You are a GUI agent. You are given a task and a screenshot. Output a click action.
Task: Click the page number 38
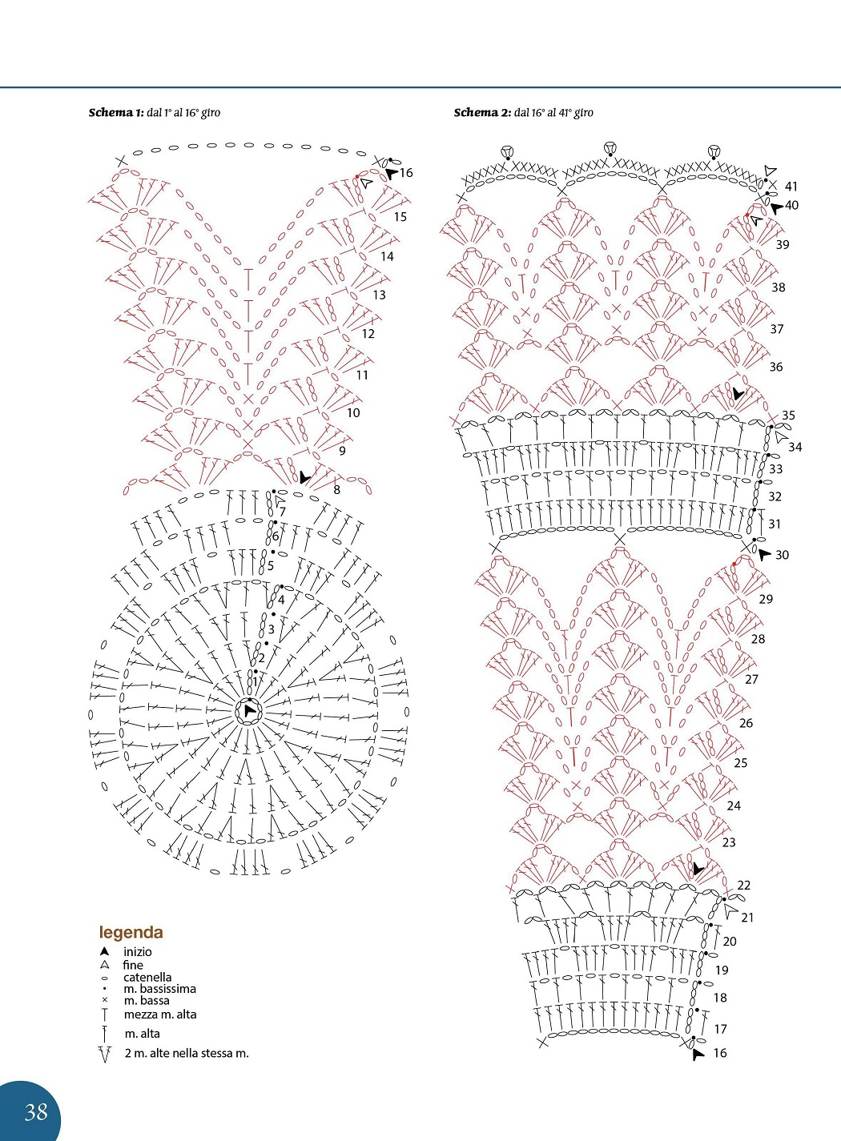(x=36, y=1111)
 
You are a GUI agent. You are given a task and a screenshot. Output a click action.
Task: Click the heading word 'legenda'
(x=131, y=933)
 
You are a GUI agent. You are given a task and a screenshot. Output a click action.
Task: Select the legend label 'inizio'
(x=138, y=951)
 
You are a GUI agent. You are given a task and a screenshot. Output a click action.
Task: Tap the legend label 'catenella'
(x=147, y=977)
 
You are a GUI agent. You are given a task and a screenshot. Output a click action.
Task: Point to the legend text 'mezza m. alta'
(x=160, y=1014)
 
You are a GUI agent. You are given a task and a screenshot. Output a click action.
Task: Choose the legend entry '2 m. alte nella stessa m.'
(x=187, y=1053)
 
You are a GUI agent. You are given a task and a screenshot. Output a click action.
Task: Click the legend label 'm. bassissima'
(x=160, y=989)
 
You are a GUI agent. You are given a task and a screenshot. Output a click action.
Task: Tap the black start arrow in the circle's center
(x=250, y=710)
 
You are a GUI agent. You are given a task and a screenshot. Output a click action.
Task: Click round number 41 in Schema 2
(x=791, y=187)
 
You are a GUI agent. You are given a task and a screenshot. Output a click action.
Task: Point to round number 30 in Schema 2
(x=782, y=555)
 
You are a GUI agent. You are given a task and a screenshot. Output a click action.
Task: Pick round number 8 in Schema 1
(x=336, y=490)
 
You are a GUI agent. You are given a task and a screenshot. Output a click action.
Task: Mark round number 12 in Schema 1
(x=368, y=334)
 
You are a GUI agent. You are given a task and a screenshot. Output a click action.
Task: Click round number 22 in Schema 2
(x=744, y=885)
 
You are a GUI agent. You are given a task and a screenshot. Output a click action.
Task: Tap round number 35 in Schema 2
(x=788, y=415)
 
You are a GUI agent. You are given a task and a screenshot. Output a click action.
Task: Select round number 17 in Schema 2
(x=720, y=1029)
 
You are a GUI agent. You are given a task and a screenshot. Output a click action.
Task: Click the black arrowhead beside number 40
(x=776, y=207)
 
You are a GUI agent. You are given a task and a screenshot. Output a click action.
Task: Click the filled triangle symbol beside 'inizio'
(x=104, y=951)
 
